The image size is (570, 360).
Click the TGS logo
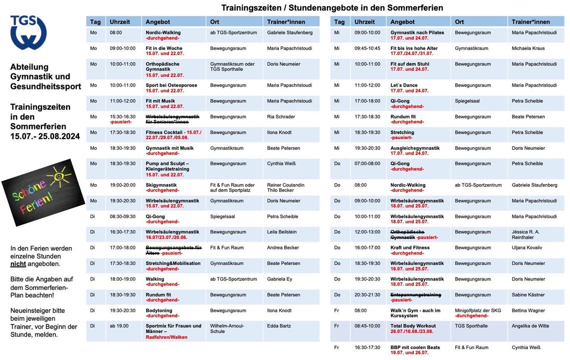point(29,32)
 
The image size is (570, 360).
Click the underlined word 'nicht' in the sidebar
point(19,263)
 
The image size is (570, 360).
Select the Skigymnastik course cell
point(161,185)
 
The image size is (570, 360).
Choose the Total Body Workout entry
point(413,326)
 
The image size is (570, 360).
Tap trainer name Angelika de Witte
point(530,326)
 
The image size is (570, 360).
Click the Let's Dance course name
point(404,85)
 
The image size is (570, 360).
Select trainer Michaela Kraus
point(528,48)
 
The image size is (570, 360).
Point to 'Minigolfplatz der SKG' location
point(477,310)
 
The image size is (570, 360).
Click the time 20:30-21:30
point(367,295)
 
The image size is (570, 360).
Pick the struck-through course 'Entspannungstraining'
point(415,295)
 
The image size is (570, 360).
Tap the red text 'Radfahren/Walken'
point(166,337)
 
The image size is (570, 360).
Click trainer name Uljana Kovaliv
point(526,247)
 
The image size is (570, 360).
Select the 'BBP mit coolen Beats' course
point(415,347)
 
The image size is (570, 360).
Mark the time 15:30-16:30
point(123,116)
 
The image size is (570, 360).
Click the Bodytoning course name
point(159,310)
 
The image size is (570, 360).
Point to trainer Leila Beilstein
point(282,232)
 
